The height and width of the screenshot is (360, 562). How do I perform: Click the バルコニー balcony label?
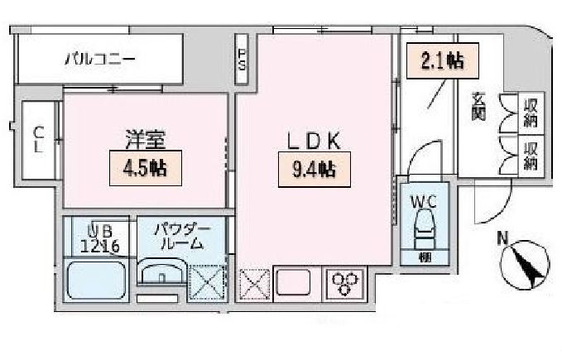(x=100, y=60)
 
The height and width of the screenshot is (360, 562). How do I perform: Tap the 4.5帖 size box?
(x=145, y=168)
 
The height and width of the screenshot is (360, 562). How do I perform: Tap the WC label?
(x=424, y=199)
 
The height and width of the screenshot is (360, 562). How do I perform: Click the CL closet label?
(x=38, y=139)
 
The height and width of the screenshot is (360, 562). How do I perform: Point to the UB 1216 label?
(x=100, y=237)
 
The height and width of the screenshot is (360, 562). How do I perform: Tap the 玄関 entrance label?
(x=479, y=105)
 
